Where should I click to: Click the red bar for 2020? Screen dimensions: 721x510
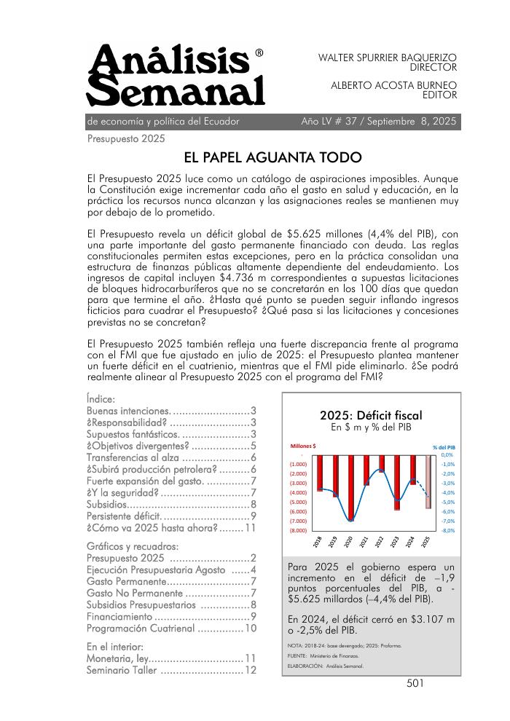350,488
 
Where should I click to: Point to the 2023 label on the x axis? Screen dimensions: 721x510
396,541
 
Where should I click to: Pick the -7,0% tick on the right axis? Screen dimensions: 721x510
448,521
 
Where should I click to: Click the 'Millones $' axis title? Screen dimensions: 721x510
303,445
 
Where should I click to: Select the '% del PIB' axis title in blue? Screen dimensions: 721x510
443,446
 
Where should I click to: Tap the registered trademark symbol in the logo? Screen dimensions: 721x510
259,53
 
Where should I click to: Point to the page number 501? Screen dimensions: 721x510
415,683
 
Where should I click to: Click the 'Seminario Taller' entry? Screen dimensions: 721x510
121,670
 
